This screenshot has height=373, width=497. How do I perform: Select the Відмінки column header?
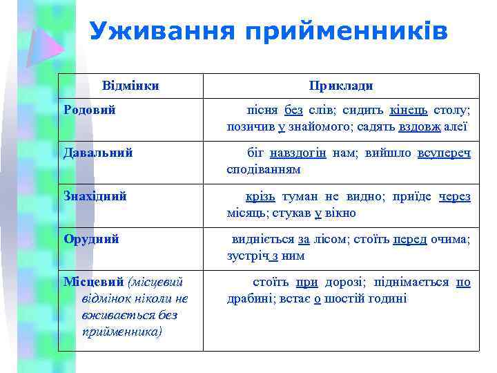tap(130, 86)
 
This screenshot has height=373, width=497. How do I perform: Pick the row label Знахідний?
tap(95, 196)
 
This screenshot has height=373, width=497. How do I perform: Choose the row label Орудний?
tap(91, 239)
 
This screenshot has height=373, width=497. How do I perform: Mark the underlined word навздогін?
tap(298, 153)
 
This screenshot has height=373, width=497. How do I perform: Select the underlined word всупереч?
tap(444, 153)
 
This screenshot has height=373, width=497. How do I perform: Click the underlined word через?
tap(454, 196)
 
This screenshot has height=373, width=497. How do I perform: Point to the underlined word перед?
tap(410, 239)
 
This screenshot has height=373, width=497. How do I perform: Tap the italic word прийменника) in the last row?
tap(121, 332)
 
